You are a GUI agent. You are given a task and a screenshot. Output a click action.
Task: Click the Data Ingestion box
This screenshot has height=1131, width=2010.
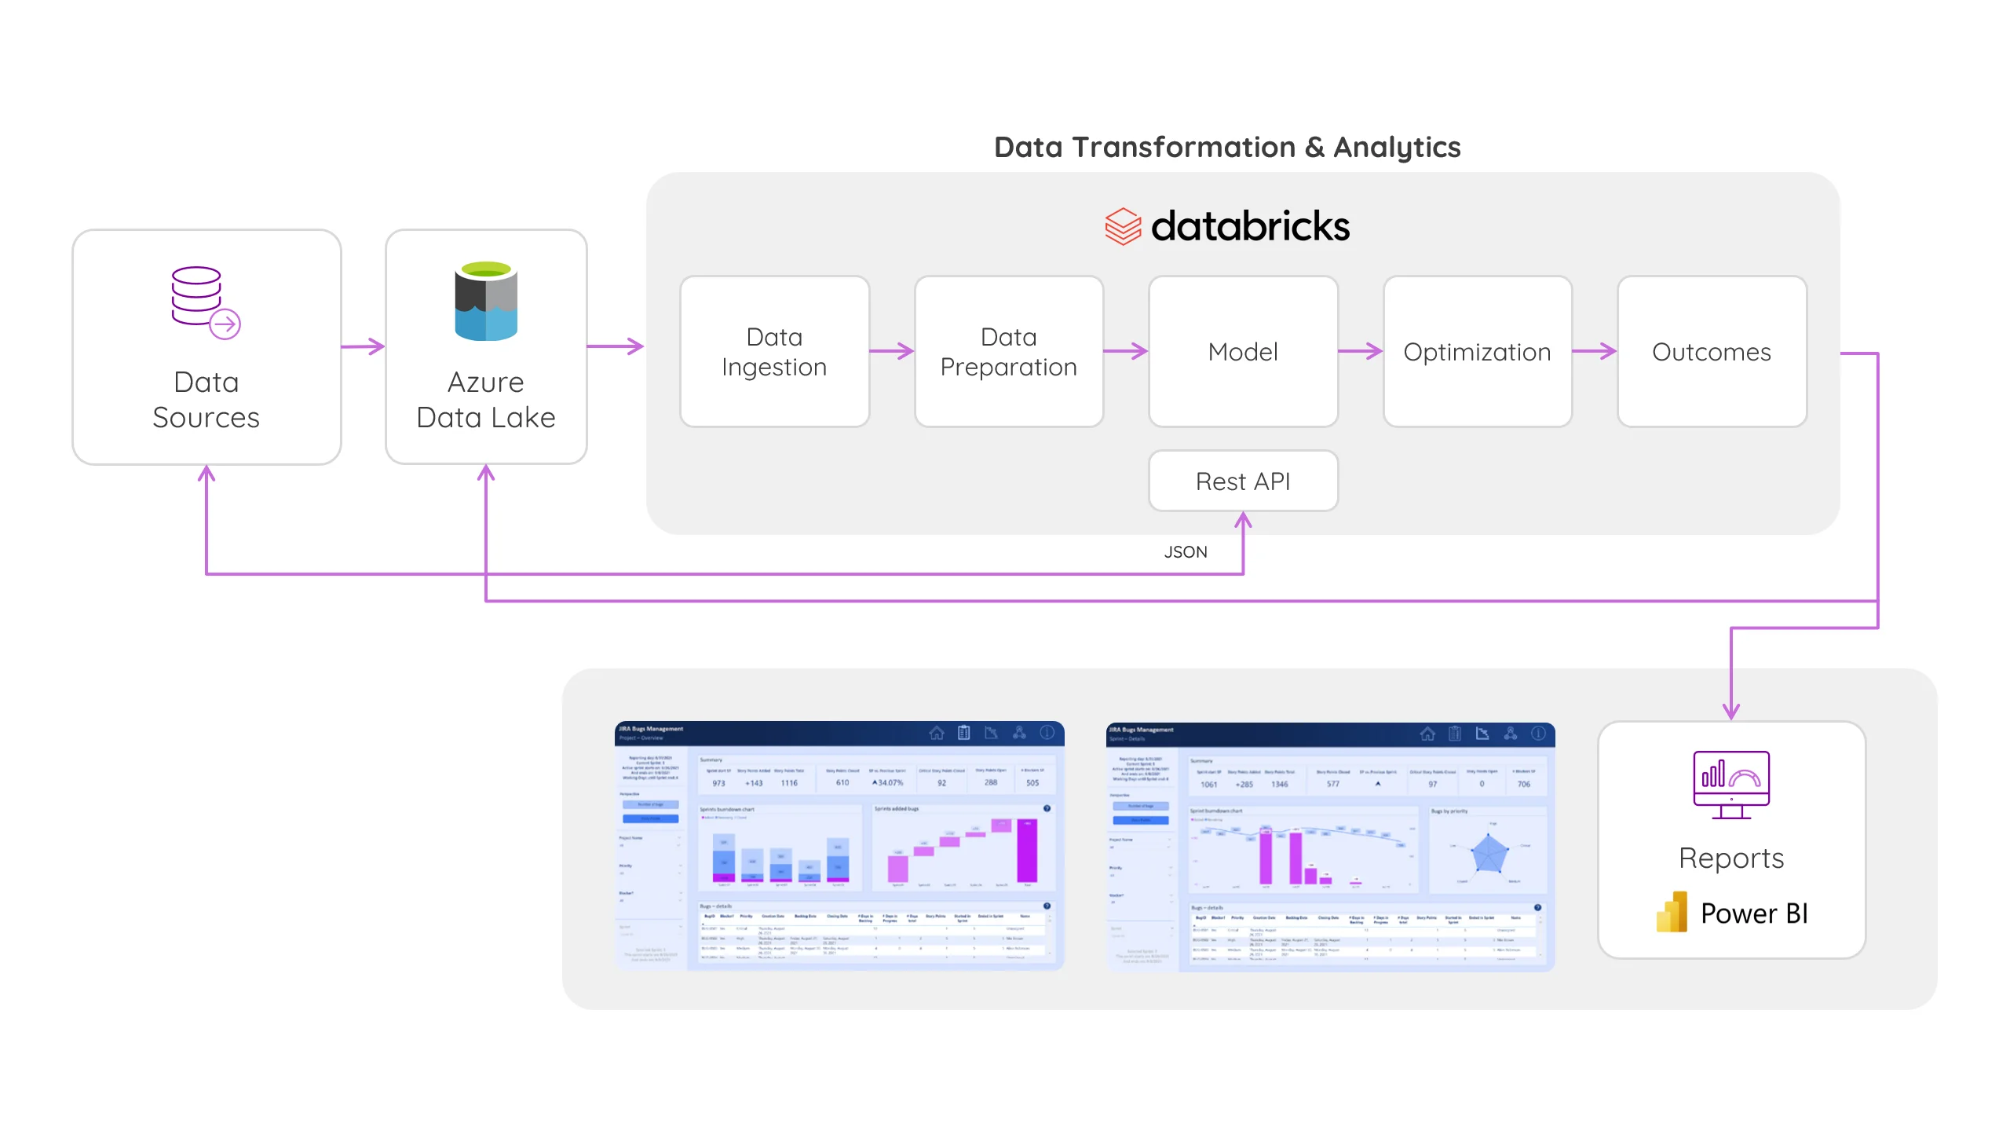(774, 351)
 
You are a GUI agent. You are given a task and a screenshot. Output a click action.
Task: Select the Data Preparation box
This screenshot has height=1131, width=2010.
(1008, 351)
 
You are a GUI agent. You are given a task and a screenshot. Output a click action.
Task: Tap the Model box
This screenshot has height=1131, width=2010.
(1243, 351)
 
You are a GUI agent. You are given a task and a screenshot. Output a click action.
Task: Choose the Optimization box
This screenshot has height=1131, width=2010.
(1477, 351)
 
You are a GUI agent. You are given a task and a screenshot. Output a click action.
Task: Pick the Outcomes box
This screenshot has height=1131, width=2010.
(1712, 351)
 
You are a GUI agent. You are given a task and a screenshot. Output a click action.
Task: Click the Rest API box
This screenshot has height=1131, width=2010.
(1243, 481)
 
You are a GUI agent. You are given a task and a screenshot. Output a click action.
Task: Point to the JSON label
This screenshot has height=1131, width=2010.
(1186, 552)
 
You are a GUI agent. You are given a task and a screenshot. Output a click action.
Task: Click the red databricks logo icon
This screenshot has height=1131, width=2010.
(1123, 226)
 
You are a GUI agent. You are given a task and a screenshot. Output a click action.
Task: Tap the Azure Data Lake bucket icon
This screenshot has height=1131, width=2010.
(486, 301)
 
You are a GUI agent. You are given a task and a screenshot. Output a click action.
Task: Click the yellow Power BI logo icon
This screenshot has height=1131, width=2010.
(1672, 913)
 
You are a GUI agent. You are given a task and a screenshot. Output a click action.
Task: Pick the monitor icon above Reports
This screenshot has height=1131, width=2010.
(1731, 784)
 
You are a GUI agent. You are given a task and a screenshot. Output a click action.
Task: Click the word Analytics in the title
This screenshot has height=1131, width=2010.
(1397, 147)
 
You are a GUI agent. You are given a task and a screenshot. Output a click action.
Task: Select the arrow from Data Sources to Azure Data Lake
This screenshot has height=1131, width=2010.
(364, 346)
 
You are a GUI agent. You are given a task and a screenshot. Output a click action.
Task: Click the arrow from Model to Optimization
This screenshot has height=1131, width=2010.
(1361, 351)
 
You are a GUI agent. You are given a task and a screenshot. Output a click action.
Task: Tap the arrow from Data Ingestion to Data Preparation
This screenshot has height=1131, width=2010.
(892, 351)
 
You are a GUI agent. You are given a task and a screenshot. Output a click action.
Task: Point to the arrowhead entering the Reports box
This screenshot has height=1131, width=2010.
(1731, 711)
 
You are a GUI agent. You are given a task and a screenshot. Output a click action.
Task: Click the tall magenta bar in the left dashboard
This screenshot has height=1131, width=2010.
(1027, 851)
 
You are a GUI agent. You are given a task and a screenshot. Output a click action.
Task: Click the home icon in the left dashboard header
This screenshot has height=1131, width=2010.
(937, 733)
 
